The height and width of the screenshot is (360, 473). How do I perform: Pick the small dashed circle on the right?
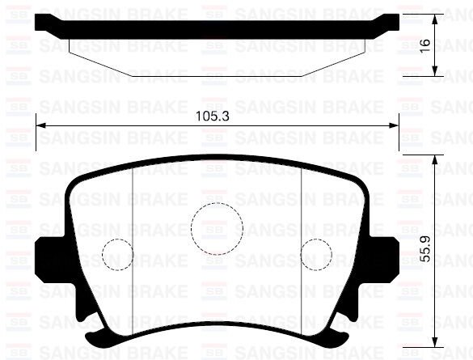click(x=316, y=256)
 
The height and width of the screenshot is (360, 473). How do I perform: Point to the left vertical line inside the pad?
click(x=132, y=243)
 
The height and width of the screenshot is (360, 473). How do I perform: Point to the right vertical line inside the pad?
click(x=302, y=243)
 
